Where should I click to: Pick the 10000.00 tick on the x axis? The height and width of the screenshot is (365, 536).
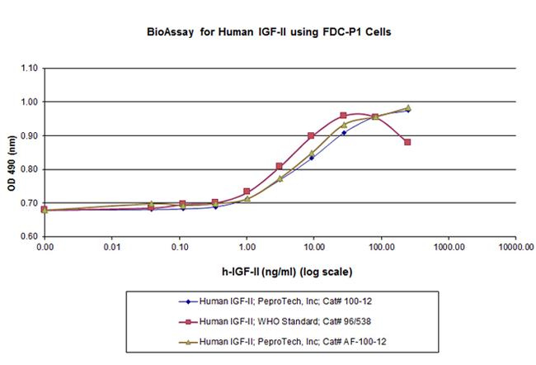pyautogui.click(x=513, y=247)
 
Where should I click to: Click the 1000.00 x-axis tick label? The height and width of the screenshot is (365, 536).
pyautogui.click(x=447, y=247)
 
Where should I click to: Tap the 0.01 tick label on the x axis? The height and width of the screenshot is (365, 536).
pyautogui.click(x=113, y=247)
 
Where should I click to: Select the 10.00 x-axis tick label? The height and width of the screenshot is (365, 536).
pyautogui.click(x=313, y=247)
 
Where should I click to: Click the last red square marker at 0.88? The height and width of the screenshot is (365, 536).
pyautogui.click(x=407, y=142)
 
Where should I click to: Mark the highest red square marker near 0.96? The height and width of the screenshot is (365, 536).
pyautogui.click(x=343, y=116)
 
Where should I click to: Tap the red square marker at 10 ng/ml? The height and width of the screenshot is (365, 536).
pyautogui.click(x=311, y=135)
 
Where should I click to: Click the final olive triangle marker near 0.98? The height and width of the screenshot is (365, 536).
pyautogui.click(x=407, y=107)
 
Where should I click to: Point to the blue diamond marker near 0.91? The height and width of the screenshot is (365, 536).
pyautogui.click(x=343, y=132)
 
